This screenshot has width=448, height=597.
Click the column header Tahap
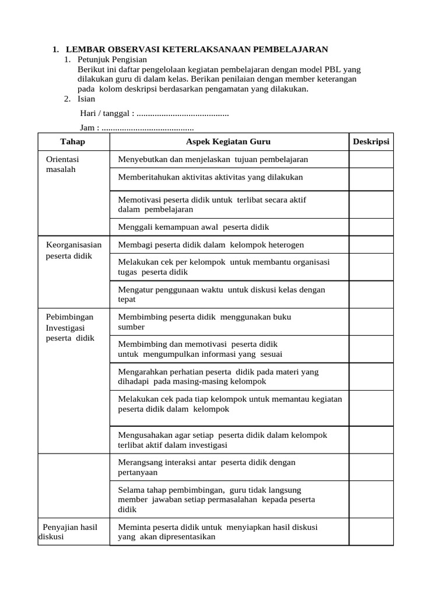73,142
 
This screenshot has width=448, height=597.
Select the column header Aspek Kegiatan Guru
228,142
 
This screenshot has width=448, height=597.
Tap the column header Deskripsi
371,142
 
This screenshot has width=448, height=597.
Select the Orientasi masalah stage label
62,164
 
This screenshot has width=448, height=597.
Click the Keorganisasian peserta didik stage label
73,250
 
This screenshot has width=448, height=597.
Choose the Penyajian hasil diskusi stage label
69,532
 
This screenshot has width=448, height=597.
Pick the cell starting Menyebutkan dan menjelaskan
213,159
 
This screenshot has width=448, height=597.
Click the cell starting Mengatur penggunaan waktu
221,294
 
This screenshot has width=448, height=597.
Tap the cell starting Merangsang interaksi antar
206,467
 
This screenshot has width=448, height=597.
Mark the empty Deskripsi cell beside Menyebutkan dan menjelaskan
371,159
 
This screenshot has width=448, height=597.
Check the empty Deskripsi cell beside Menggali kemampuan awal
371,227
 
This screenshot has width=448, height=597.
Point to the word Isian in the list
86,99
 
